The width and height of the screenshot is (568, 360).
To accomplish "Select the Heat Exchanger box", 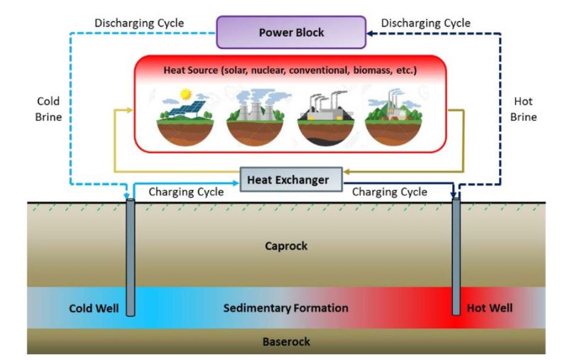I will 288,180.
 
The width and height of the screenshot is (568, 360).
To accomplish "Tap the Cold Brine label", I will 48,110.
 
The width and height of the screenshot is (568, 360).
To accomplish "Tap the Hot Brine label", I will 524,110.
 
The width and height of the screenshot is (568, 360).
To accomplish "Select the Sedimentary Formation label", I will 286,308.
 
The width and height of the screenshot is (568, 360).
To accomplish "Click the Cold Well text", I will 93,308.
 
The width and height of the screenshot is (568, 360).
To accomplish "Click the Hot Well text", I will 490,308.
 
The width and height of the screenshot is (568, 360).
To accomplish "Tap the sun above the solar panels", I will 187,94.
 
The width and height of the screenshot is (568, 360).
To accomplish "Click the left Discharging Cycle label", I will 140,23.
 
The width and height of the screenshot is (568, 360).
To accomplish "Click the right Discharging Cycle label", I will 426,23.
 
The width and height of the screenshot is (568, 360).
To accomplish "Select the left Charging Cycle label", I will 186,192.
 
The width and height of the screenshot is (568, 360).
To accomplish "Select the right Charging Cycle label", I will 390,192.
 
